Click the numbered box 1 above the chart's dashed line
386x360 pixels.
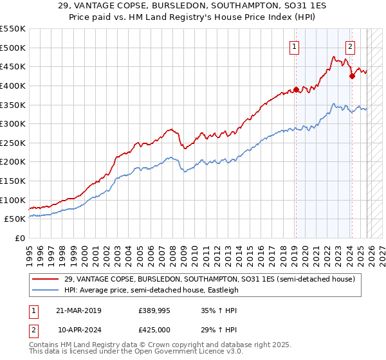pyautogui.click(x=294, y=46)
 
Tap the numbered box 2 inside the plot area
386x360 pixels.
pyautogui.click(x=350, y=46)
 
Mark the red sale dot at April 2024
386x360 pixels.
pyautogui.click(x=352, y=76)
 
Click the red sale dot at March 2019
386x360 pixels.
pyautogui.click(x=296, y=89)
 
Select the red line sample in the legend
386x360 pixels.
pyautogui.click(x=46, y=279)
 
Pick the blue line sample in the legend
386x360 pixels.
pyautogui.click(x=46, y=290)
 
